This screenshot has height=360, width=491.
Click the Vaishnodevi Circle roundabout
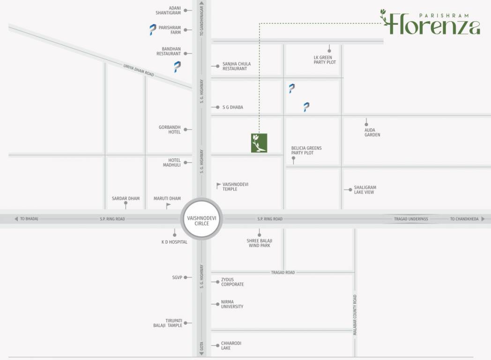click(201, 219)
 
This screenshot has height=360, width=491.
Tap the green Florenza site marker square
click(259, 143)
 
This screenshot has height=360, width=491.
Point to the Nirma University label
click(232, 304)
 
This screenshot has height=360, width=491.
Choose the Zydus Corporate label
click(232, 282)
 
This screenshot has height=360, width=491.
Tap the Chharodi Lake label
click(231, 345)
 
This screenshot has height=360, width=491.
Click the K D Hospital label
click(174, 242)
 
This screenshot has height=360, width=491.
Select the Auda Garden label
click(372, 132)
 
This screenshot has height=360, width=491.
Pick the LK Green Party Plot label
click(325, 60)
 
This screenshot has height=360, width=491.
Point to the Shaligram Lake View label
click(365, 189)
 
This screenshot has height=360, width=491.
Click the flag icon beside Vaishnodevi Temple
click(218, 186)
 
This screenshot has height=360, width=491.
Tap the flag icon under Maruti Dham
click(168, 205)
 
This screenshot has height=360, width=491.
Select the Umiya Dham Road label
click(139, 70)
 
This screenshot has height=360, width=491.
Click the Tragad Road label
click(283, 272)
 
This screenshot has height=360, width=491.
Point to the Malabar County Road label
click(355, 315)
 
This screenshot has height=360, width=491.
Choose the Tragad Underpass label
click(411, 219)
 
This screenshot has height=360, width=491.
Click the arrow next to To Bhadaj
click(16, 219)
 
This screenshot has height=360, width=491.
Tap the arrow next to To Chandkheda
click(483, 219)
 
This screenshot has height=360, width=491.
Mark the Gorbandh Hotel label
click(170, 129)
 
